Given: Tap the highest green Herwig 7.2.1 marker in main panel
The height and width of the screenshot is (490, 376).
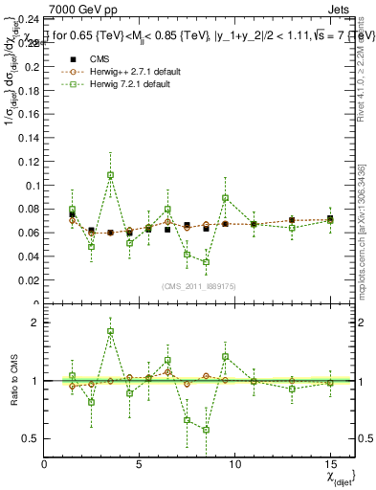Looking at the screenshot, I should point(111,175).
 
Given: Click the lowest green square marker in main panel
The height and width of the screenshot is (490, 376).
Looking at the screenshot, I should point(206,262).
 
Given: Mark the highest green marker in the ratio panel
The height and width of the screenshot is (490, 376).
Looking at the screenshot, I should point(111,331).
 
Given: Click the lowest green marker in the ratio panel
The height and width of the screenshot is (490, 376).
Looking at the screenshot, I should point(206,430).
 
